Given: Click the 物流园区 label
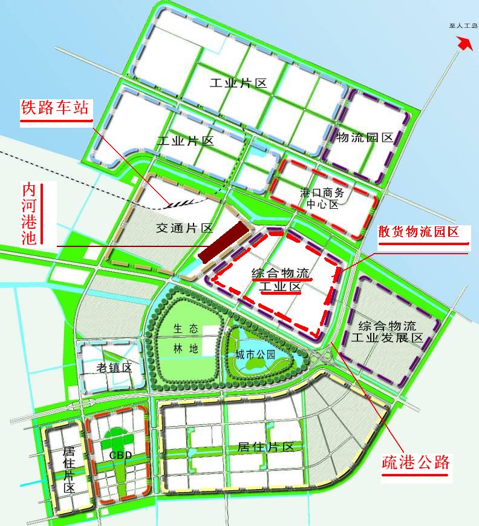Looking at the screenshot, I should tap(365, 138).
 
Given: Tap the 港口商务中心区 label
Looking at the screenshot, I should tap(322, 198).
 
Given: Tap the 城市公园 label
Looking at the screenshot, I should tap(255, 355).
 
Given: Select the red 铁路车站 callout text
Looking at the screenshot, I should tap(54, 109).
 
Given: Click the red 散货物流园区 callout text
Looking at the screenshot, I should tap(423, 232).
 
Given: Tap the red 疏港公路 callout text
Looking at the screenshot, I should tap(416, 463).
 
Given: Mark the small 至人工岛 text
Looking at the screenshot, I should tap(463, 27).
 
